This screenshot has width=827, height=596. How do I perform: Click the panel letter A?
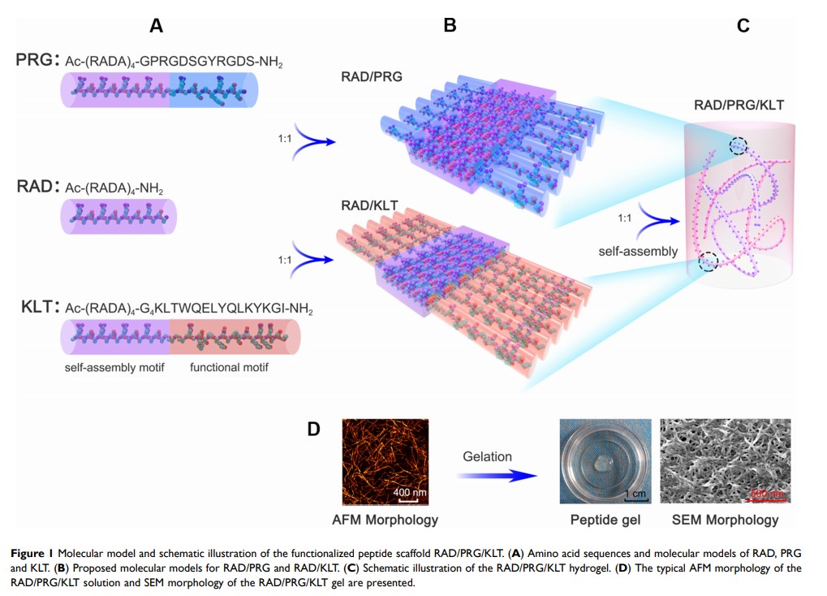tap(157, 26)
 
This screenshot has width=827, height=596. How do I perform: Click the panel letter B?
tap(450, 26)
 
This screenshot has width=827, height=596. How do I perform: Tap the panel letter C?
tap(743, 26)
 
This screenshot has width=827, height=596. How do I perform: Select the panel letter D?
tap(314, 429)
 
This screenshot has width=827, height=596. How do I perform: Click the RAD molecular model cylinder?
tap(118, 216)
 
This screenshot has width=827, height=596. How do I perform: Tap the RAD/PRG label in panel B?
tap(373, 78)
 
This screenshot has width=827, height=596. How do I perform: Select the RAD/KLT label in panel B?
tap(369, 205)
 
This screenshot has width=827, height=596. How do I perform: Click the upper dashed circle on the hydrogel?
tap(738, 145)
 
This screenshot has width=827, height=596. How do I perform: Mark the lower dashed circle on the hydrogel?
tap(709, 261)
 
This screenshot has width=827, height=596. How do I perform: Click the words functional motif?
tap(229, 368)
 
